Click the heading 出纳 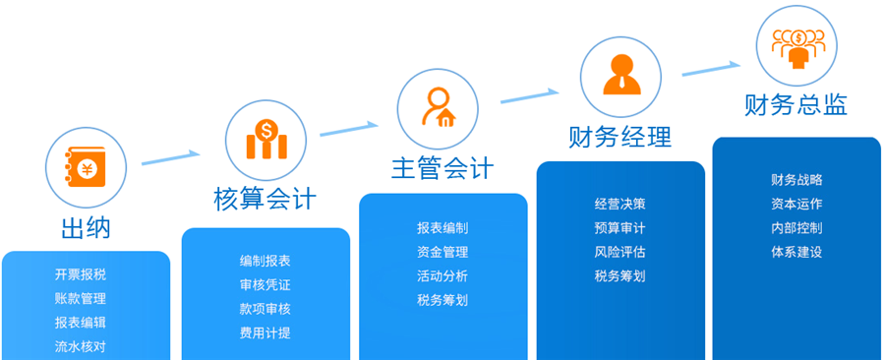(86, 228)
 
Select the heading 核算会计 (265, 198)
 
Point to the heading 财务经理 (620, 136)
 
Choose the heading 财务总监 (796, 104)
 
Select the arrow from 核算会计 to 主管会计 (349, 128)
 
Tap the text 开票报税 (81, 274)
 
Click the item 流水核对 (81, 346)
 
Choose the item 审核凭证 (265, 285)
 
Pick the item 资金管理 (442, 252)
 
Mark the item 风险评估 (620, 252)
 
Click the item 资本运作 (796, 205)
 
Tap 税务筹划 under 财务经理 (620, 275)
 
